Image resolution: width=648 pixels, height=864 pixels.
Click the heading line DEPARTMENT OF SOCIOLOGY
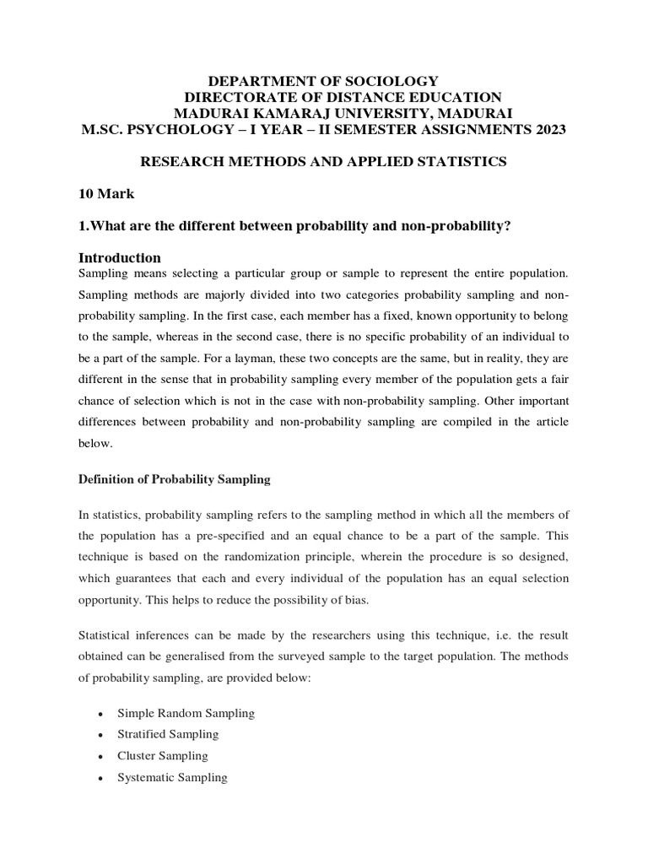click(x=324, y=81)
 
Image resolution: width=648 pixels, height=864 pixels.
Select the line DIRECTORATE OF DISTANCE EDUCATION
click(x=343, y=97)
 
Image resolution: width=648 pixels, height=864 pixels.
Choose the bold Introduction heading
click(x=119, y=257)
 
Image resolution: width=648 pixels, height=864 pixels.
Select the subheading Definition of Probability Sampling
click(x=174, y=479)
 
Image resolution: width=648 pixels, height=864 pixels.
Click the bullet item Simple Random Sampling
click(x=186, y=713)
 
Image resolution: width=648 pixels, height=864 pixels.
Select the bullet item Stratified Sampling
click(x=168, y=734)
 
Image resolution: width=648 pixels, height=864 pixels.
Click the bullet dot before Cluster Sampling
click(x=100, y=757)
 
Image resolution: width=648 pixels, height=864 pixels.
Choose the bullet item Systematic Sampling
click(x=172, y=777)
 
